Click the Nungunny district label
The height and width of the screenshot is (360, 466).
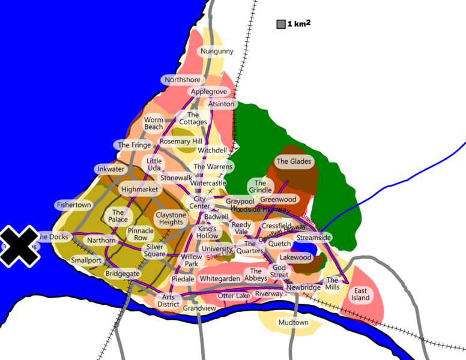(217, 52)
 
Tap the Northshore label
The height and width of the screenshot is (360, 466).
(182, 80)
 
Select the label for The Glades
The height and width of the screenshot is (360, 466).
(294, 161)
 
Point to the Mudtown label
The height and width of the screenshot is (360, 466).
(293, 323)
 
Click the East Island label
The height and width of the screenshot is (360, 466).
(360, 294)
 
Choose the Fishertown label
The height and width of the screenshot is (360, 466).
(74, 205)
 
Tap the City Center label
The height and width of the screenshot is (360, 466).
(199, 203)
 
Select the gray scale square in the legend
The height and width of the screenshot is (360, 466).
(280, 25)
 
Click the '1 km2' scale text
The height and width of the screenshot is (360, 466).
(299, 24)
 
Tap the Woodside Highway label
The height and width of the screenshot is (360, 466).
(259, 209)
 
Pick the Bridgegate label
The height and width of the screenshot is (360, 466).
(123, 274)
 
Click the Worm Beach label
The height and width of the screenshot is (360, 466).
(153, 124)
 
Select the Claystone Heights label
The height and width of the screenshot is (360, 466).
(171, 218)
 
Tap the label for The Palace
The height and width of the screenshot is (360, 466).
(118, 216)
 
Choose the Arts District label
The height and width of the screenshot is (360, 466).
(169, 300)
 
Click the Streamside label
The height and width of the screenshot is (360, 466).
(313, 238)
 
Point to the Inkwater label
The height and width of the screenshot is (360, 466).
(111, 170)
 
